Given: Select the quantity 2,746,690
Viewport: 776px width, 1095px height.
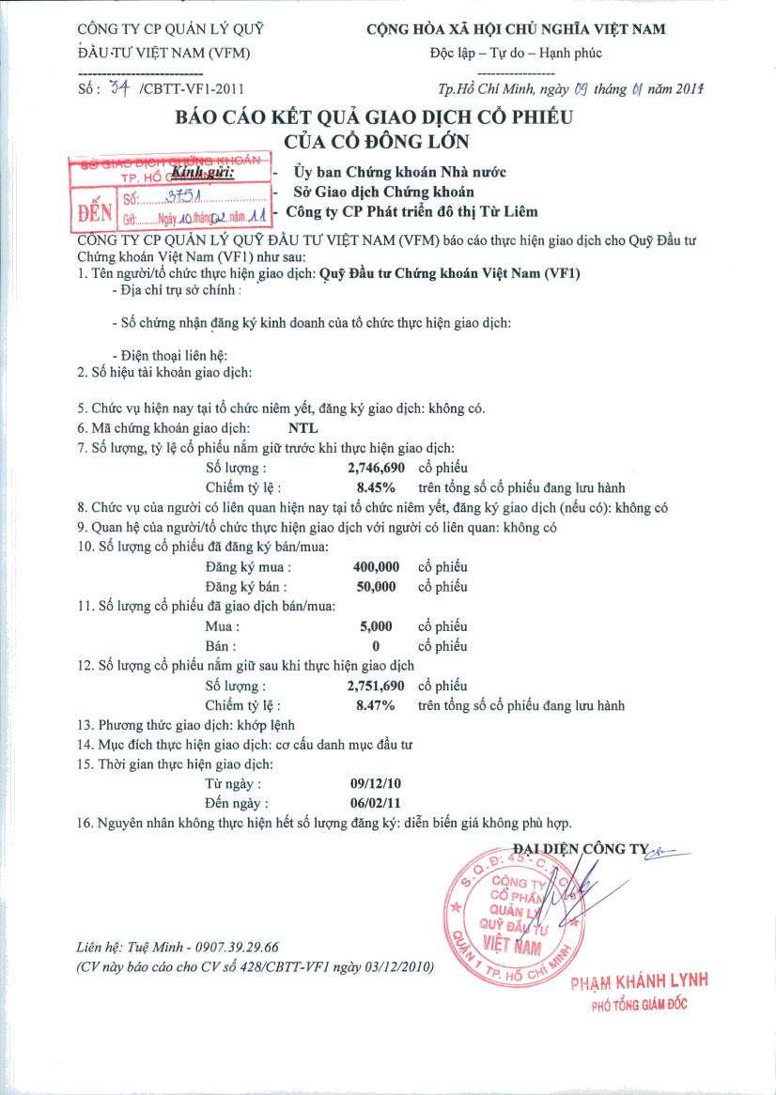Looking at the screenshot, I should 375,468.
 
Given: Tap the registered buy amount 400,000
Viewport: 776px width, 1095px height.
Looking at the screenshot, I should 377,567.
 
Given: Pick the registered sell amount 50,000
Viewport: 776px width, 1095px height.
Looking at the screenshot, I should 380,587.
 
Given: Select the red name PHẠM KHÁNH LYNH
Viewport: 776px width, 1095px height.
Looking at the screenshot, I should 638,981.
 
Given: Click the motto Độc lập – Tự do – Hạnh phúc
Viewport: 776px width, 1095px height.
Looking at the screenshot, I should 516,53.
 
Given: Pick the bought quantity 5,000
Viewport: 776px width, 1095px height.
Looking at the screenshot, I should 380,626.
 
